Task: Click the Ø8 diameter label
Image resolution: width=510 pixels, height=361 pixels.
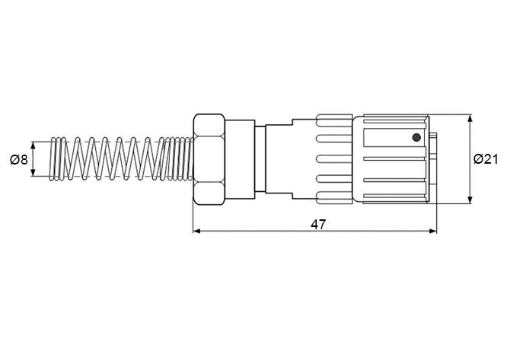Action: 18,160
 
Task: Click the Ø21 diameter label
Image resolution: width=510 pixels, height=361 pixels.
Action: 486,159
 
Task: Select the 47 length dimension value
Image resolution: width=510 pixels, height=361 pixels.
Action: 318,225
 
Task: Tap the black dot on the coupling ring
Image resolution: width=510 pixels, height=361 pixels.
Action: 416,137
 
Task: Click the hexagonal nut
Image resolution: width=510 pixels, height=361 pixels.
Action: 209,159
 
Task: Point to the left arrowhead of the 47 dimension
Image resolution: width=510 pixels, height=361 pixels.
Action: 196,231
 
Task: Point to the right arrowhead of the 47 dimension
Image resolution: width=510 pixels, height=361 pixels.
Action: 433,231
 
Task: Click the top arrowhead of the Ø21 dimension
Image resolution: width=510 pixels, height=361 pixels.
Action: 470,118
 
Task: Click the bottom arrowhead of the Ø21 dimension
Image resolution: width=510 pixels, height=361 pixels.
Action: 470,200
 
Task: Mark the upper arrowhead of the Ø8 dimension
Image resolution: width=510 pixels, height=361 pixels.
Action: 33,145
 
